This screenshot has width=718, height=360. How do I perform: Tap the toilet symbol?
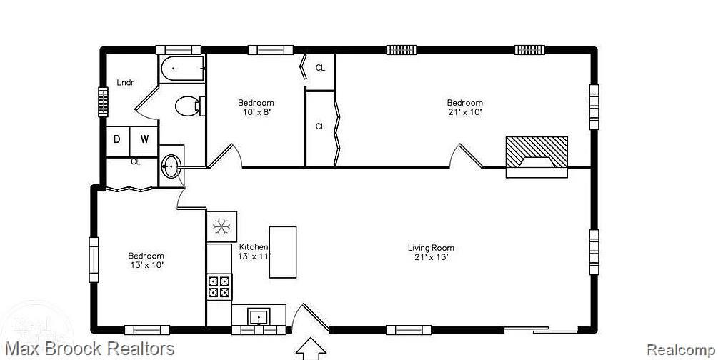(x=189, y=106)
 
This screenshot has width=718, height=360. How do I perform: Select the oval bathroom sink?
(x=171, y=166)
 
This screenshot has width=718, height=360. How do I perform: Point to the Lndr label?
(x=125, y=82)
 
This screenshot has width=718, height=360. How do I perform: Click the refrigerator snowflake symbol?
(x=221, y=226)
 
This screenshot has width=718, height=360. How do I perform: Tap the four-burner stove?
(x=219, y=286)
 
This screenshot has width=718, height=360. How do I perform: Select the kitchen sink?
(x=259, y=316)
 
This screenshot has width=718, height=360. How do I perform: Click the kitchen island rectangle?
(x=282, y=252)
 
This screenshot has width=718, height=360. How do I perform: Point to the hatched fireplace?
(x=537, y=156)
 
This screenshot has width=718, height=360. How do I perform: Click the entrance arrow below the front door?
(x=311, y=350)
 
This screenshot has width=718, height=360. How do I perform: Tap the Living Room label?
(x=431, y=248)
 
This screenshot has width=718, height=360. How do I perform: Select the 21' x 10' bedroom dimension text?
(x=465, y=111)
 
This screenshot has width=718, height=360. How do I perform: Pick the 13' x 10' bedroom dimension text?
(x=146, y=264)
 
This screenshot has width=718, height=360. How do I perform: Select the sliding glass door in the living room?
(x=540, y=329)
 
